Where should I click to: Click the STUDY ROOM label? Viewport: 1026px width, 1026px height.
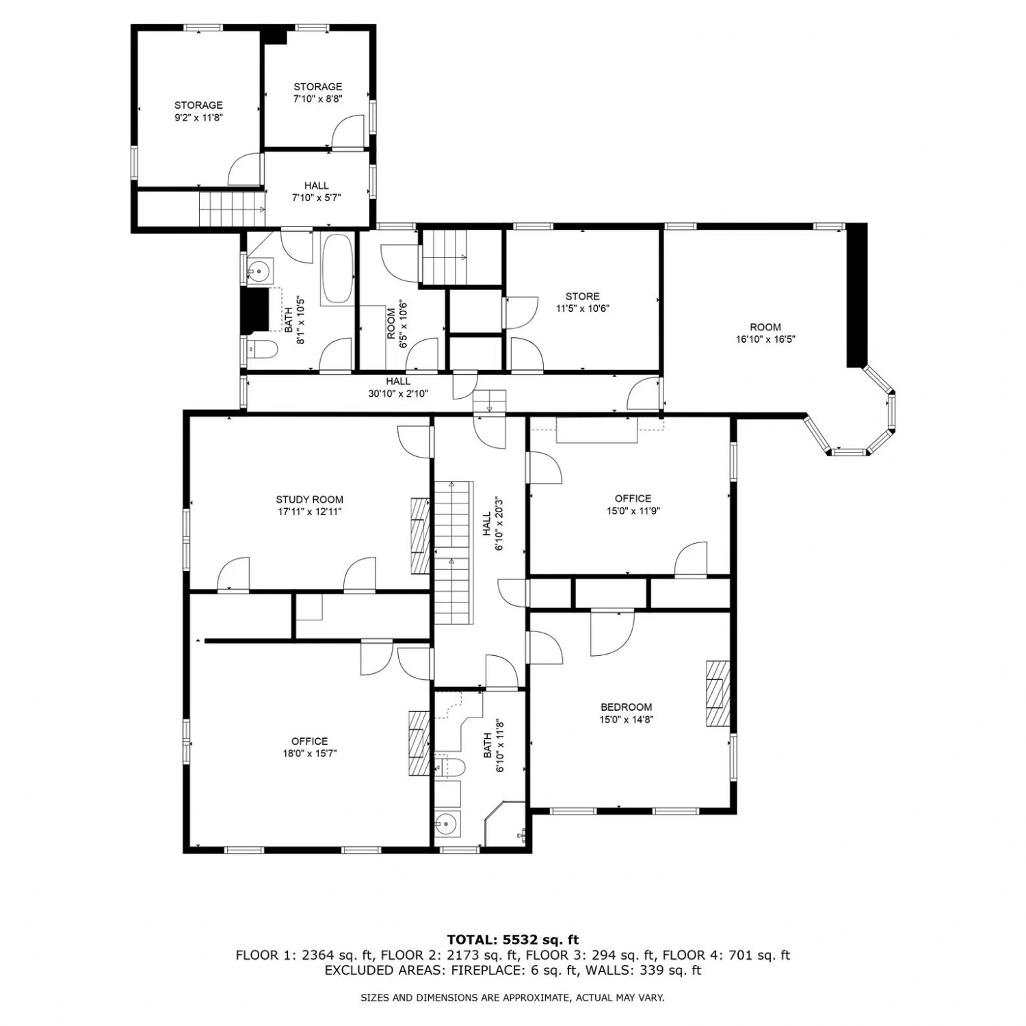(x=309, y=499)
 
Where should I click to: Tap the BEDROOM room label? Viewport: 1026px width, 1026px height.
(x=626, y=707)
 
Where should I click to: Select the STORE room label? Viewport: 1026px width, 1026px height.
(x=582, y=296)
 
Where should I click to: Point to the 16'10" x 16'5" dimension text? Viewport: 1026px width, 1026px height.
(x=765, y=339)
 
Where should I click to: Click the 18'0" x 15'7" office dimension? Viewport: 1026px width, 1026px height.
(x=310, y=754)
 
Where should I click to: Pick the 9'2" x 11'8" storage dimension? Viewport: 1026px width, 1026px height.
(x=198, y=118)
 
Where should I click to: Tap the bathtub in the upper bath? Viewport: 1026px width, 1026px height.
(x=337, y=269)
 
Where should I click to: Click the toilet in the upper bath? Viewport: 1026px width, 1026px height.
(x=262, y=350)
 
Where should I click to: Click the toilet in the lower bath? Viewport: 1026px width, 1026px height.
(x=449, y=767)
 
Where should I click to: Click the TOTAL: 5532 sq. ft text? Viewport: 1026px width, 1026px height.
(x=512, y=940)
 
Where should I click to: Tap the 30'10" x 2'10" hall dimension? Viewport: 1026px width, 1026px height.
(x=398, y=393)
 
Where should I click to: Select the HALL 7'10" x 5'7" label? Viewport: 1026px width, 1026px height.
(x=316, y=192)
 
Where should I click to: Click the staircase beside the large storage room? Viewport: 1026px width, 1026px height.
(x=232, y=209)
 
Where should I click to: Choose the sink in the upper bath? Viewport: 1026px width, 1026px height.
(x=260, y=271)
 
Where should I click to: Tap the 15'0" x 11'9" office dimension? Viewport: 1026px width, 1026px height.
(x=633, y=511)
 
